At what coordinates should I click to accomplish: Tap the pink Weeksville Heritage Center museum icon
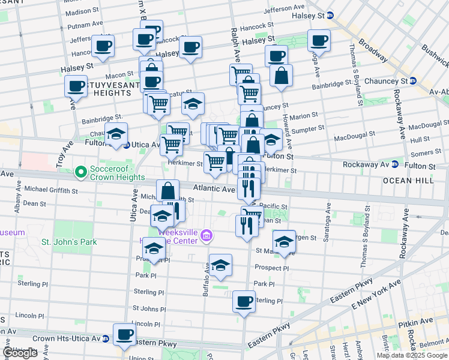[x=206, y=235]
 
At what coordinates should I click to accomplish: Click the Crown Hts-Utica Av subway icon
[x=106, y=339]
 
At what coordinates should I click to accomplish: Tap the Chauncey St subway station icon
[x=412, y=80]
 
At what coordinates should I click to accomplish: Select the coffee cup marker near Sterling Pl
[x=244, y=301]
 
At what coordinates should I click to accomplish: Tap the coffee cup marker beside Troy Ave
[x=76, y=86]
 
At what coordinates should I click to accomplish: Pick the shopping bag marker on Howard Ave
[x=280, y=76]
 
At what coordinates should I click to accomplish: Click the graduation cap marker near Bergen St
[x=284, y=242]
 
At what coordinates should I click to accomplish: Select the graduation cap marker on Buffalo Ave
[x=220, y=265]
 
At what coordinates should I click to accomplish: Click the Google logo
[x=19, y=353]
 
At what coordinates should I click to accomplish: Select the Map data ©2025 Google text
[x=411, y=355]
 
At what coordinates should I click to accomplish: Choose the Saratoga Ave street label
[x=328, y=222]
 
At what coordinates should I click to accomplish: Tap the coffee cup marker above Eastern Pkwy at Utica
[x=124, y=334]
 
